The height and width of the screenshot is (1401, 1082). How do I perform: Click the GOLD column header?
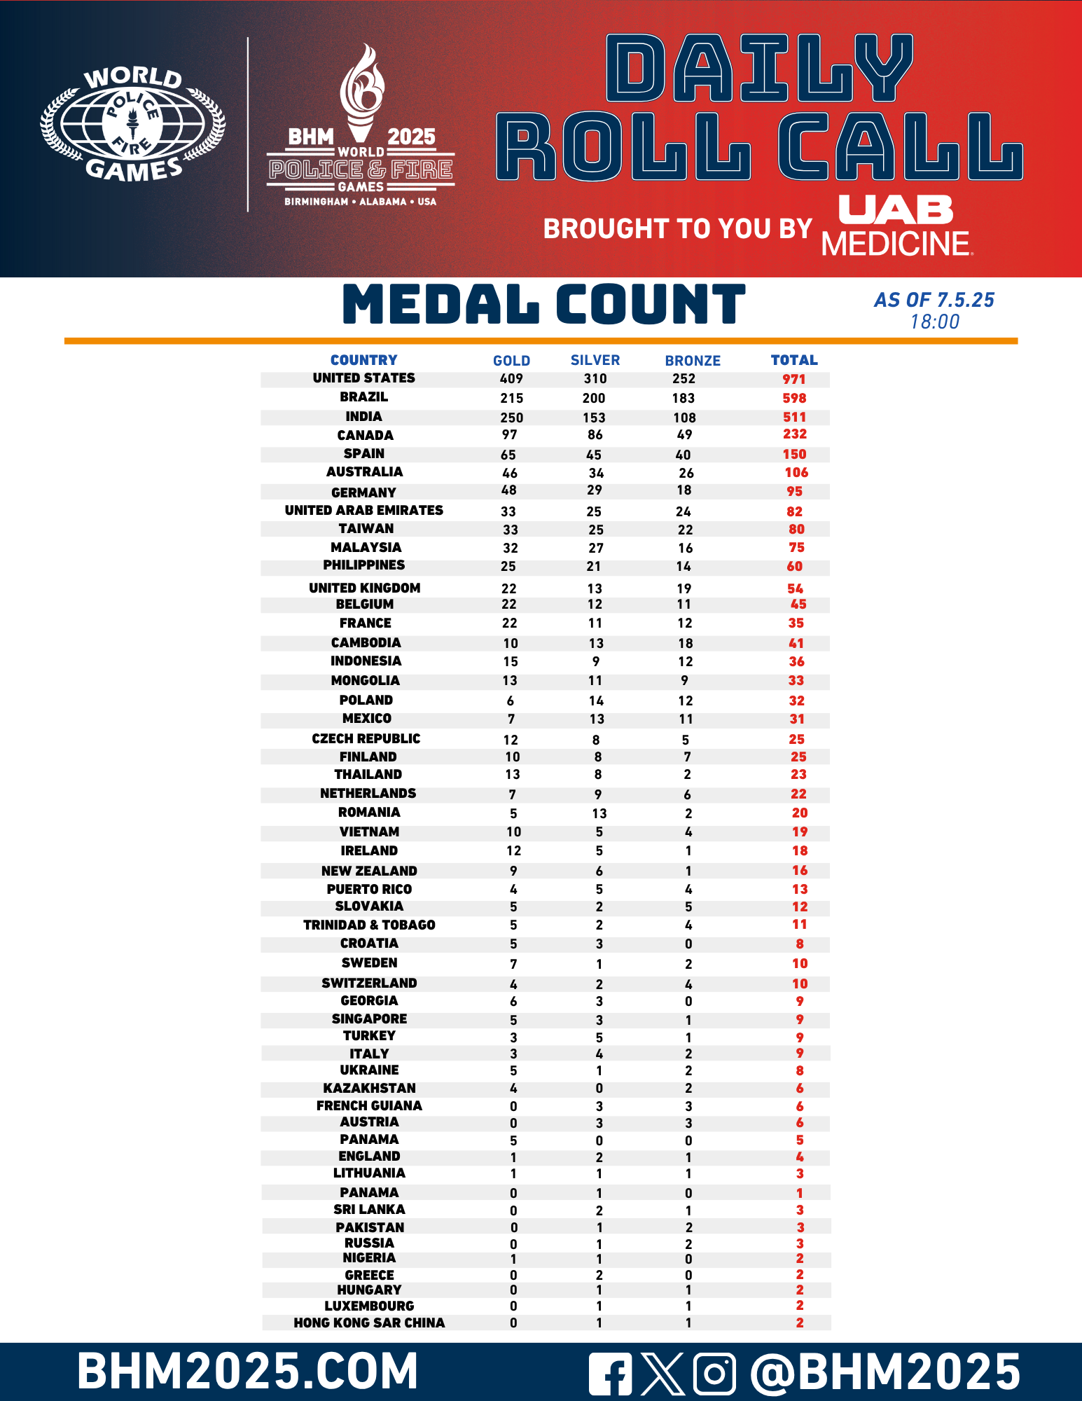(511, 361)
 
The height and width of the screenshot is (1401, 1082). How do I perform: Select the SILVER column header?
(595, 360)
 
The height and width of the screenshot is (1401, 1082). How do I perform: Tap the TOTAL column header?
(794, 360)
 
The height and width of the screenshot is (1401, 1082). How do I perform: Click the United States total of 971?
(794, 379)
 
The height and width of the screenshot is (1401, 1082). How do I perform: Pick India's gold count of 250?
(511, 417)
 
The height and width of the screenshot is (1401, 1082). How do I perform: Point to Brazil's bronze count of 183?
(684, 398)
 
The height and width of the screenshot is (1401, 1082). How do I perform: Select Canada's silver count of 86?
(595, 435)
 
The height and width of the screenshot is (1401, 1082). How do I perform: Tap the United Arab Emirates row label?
(364, 511)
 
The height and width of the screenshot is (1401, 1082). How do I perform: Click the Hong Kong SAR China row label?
(369, 1323)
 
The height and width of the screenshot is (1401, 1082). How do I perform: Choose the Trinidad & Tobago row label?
(369, 925)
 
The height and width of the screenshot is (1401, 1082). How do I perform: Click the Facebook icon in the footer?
(610, 1374)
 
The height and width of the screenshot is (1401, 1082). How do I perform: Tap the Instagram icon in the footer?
(714, 1374)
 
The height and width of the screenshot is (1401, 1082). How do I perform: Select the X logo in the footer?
(662, 1374)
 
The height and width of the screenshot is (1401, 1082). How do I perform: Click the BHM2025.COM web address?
(248, 1371)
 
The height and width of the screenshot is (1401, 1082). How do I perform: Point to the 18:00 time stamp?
(934, 322)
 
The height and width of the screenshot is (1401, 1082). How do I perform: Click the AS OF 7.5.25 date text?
(934, 301)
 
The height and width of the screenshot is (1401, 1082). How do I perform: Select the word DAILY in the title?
(760, 69)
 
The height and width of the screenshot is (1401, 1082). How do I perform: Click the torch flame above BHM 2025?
(362, 84)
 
